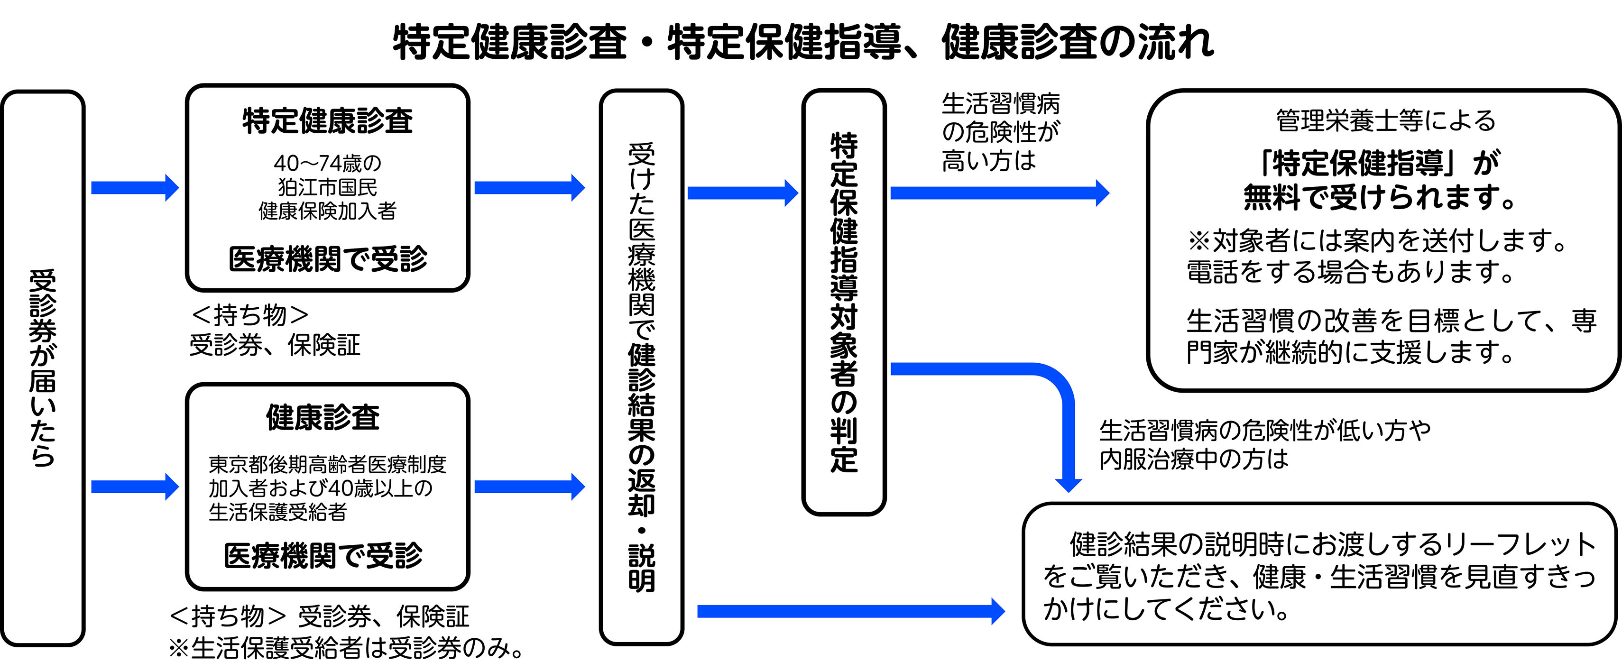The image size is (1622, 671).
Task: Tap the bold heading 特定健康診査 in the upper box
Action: pos(327,121)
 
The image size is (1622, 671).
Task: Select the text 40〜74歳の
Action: pos(327,163)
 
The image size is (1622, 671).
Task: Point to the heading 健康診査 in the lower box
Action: pos(323,417)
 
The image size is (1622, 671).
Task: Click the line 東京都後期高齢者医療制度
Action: pos(327,465)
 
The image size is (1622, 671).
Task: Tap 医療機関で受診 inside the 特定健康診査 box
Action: pos(327,259)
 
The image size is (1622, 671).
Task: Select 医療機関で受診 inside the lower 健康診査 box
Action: pos(323,556)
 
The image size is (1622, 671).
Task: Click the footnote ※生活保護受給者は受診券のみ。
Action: pos(346,648)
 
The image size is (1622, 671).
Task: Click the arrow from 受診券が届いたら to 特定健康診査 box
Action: pos(135,188)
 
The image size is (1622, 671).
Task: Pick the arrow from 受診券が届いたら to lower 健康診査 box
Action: pos(135,487)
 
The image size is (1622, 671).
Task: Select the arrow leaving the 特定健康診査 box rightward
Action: pos(529,188)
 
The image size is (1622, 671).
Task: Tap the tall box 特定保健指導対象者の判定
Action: pos(844,302)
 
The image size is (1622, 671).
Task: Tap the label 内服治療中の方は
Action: pos(1193,459)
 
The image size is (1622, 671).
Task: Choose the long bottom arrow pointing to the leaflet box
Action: pos(850,611)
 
